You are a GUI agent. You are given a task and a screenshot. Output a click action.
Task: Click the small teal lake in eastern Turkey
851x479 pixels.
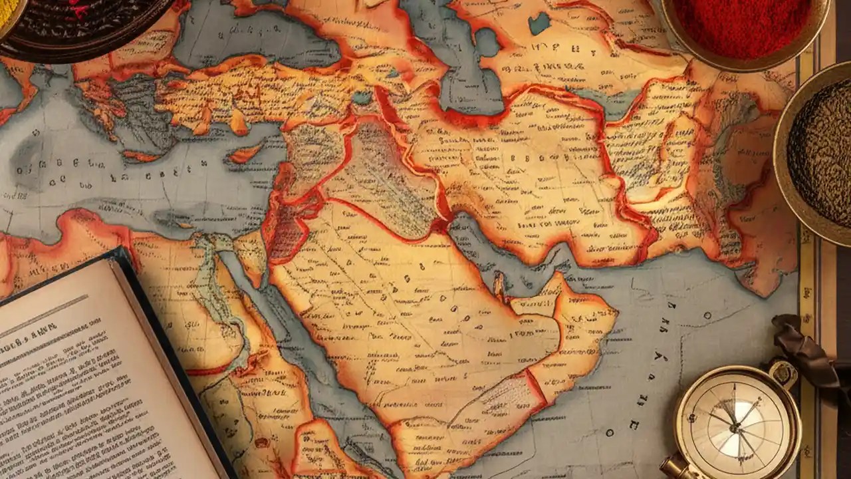[363, 98]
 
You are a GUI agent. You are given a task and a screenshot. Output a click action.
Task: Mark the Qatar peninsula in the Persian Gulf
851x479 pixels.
[498, 285]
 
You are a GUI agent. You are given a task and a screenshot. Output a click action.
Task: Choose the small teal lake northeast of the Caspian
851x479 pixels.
[538, 24]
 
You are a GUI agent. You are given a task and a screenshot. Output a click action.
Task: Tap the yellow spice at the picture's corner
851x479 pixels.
[8, 10]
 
